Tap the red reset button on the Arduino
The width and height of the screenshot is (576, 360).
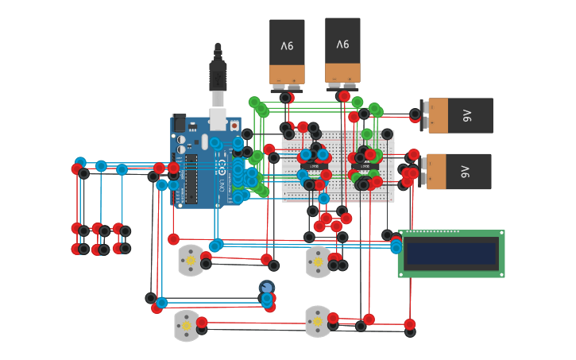pyautogui.click(x=234, y=126)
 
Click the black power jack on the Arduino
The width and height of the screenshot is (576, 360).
pyautogui.click(x=180, y=124)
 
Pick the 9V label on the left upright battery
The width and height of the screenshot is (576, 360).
pyautogui.click(x=287, y=45)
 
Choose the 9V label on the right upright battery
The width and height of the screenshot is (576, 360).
pyautogui.click(x=342, y=45)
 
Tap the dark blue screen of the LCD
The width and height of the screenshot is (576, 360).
pyautogui.click(x=450, y=254)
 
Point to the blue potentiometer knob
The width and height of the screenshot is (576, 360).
pyautogui.click(x=266, y=287)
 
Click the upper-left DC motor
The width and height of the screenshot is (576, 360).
pyautogui.click(x=191, y=261)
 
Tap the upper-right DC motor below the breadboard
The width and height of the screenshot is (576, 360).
pyautogui.click(x=318, y=261)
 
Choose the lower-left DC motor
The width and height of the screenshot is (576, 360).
pyautogui.click(x=187, y=325)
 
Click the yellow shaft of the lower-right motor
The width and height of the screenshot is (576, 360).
pyautogui.click(x=318, y=321)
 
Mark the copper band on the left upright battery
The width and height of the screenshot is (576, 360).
pyautogui.click(x=287, y=74)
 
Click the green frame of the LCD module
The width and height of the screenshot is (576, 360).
pyautogui.click(x=450, y=273)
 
